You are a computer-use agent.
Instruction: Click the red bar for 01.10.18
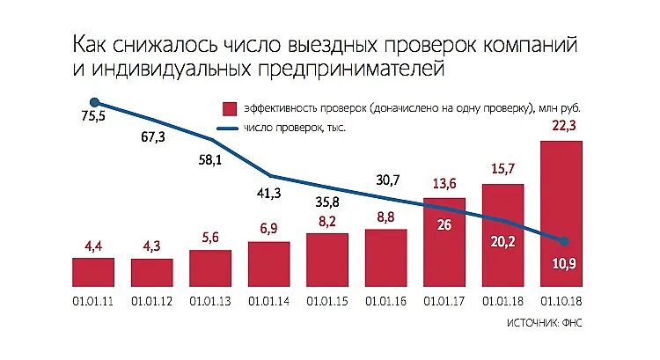pyautogui.click(x=561, y=214)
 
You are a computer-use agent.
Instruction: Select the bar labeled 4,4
pyautogui.click(x=93, y=272)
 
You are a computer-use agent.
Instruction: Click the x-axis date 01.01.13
pyautogui.click(x=210, y=301)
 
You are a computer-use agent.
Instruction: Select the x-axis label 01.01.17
pyautogui.click(x=444, y=301)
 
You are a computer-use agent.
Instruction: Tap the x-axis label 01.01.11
pyautogui.click(x=93, y=301)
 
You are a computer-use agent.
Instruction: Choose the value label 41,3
pyautogui.click(x=269, y=192)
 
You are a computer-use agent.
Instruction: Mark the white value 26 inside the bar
pyautogui.click(x=444, y=224)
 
